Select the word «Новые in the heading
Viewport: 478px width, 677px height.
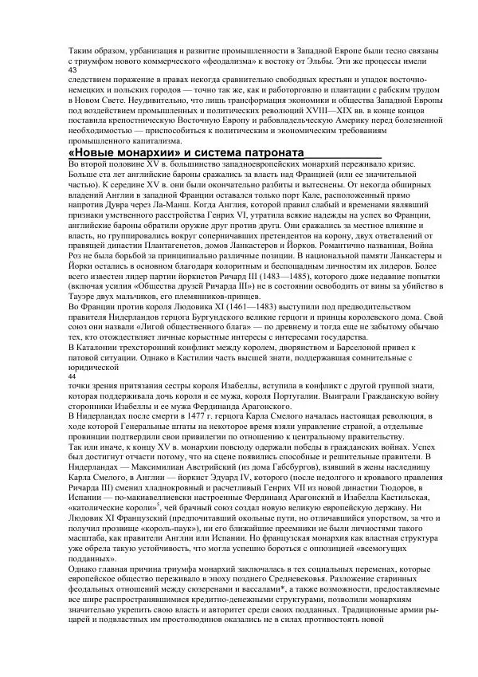coord(92,152)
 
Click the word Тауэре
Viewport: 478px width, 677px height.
coord(86,315)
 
